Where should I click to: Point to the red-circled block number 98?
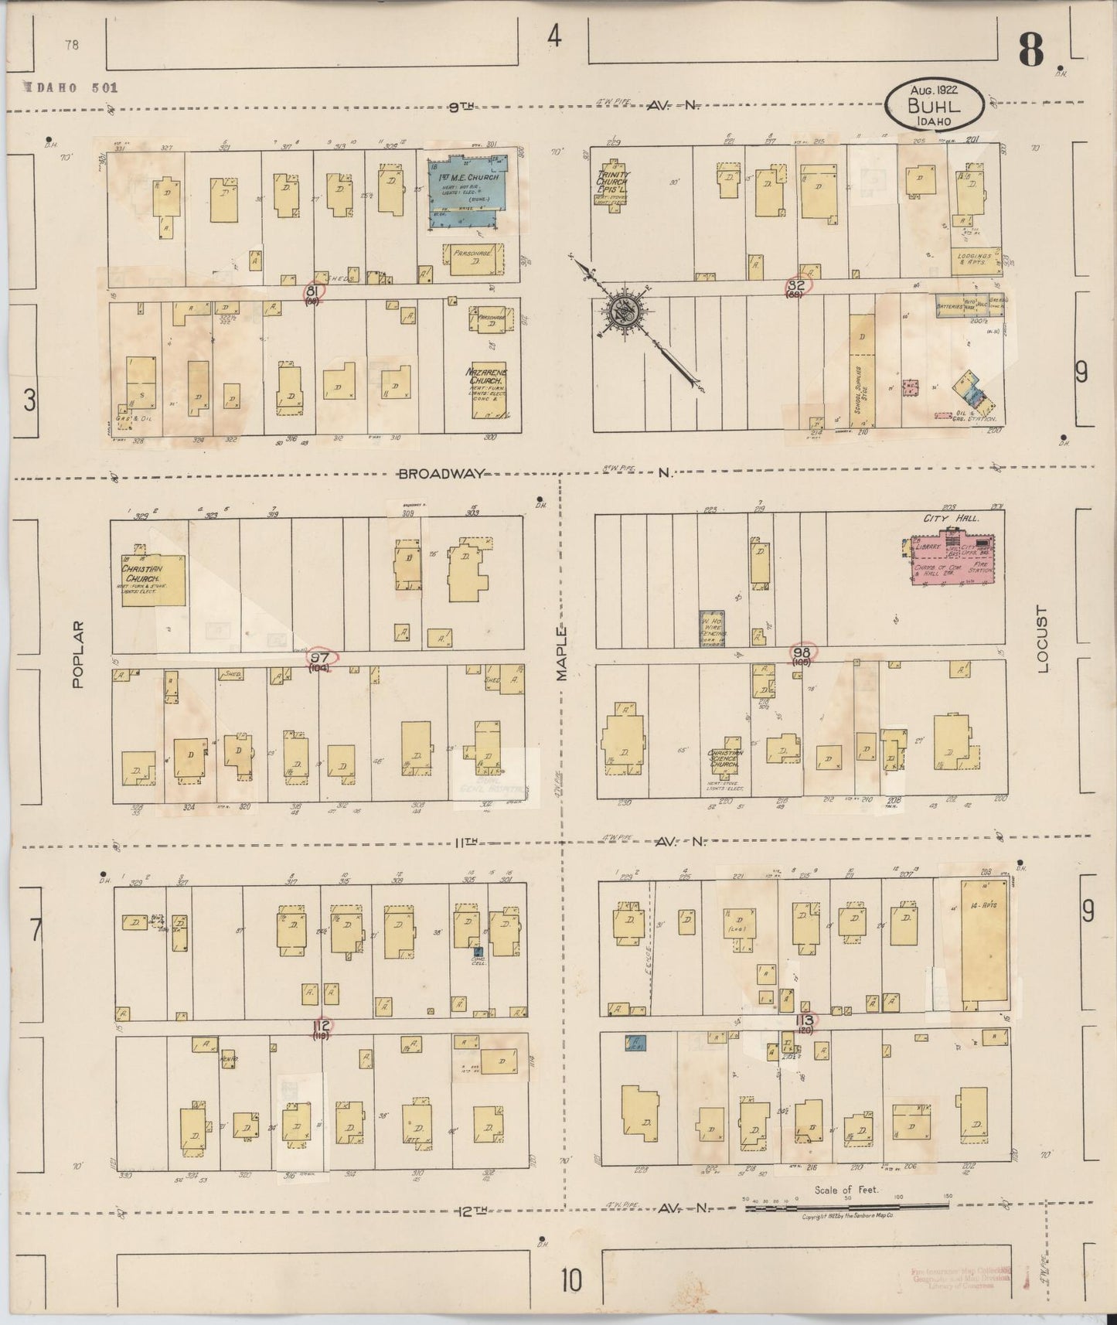(801, 654)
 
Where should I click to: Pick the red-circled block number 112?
(321, 1026)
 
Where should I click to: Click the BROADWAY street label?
(440, 473)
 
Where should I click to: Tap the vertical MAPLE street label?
(562, 654)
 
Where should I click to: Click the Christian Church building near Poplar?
(153, 578)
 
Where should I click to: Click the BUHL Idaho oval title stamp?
(935, 106)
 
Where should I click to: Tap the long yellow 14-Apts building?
(983, 942)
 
